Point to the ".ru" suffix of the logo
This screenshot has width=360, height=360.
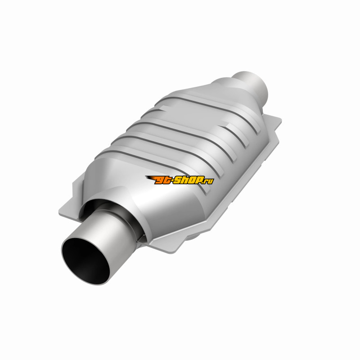coord(209,181)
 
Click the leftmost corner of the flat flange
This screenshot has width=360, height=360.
coord(59,213)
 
